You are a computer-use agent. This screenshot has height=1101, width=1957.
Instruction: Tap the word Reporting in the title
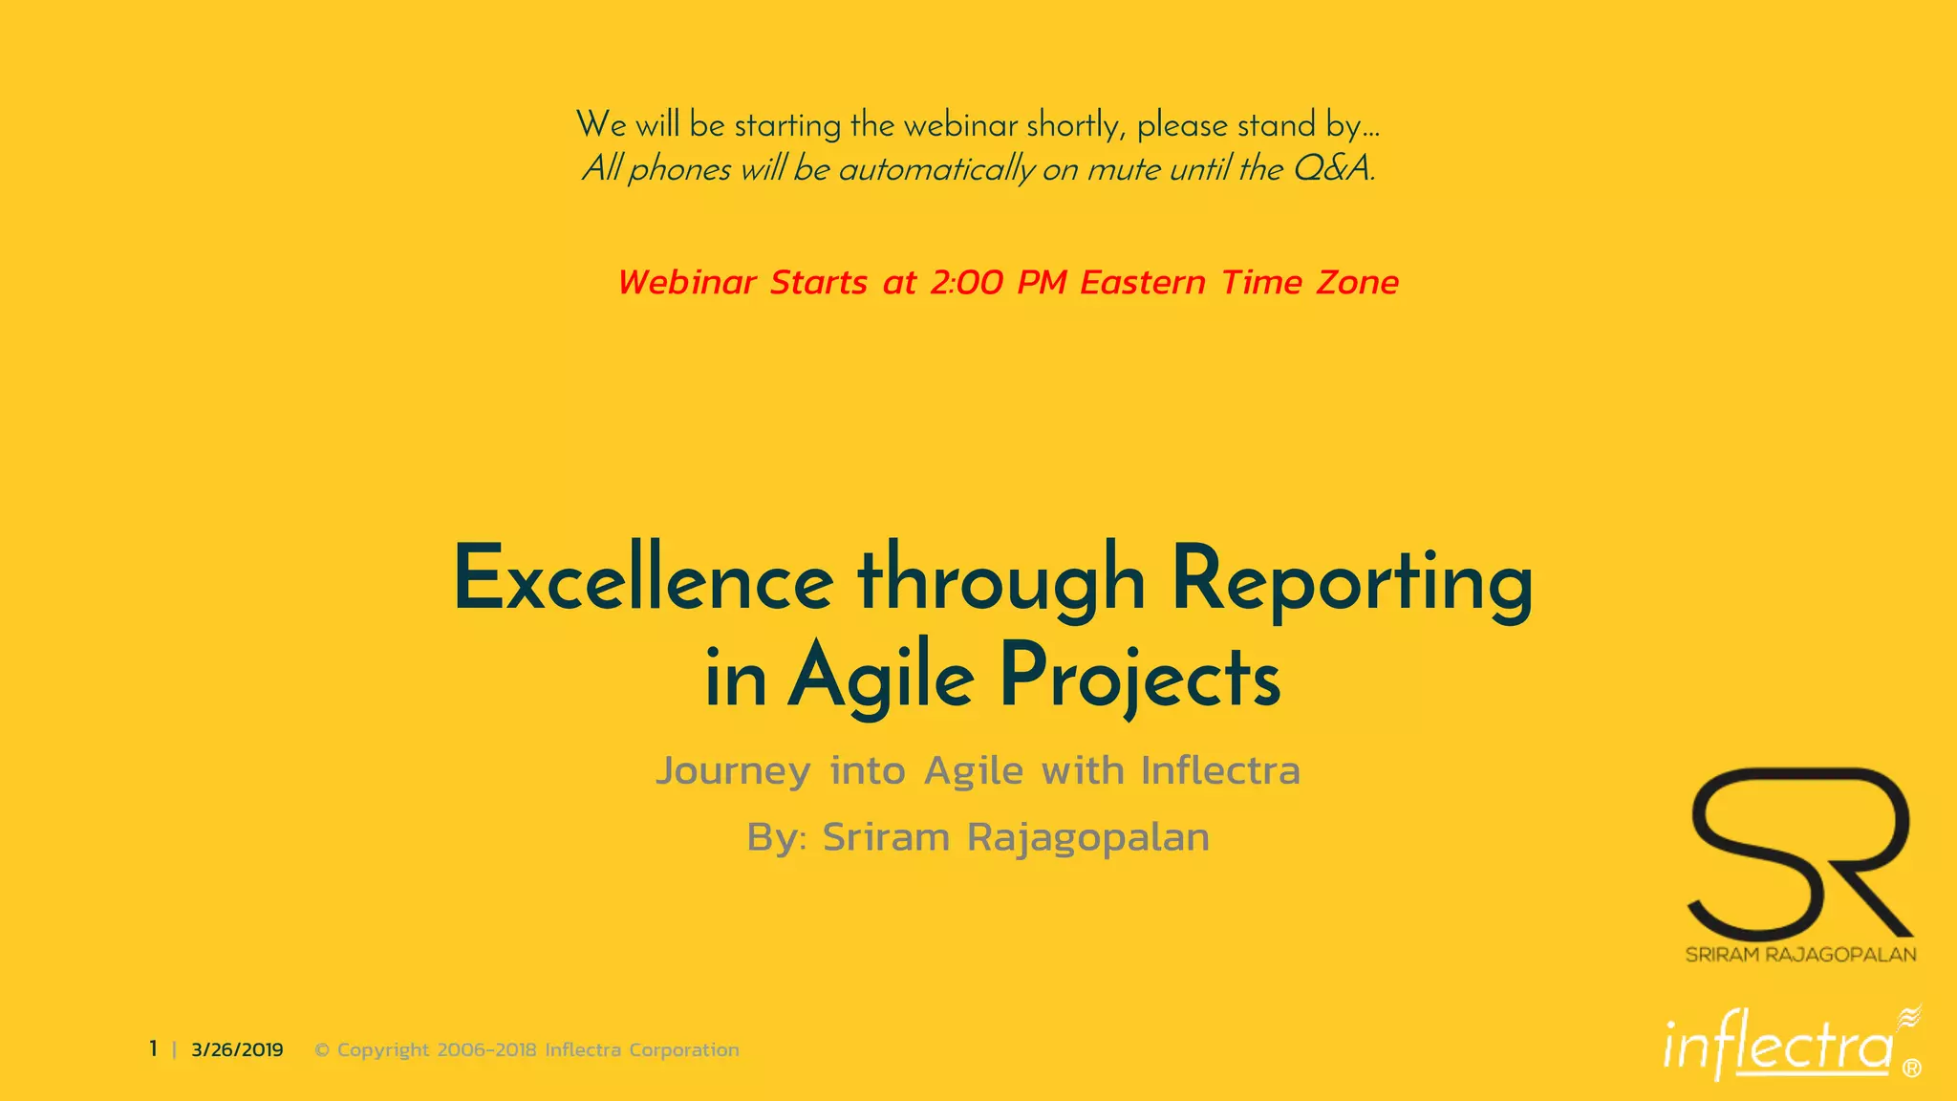pos(1352,580)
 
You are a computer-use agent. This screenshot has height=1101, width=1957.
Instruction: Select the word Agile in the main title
pos(880,677)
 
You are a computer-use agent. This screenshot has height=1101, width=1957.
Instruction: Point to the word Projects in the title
pos(1140,677)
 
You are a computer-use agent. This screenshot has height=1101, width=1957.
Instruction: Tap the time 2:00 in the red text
pos(966,283)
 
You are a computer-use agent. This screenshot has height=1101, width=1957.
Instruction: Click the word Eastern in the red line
pos(1143,283)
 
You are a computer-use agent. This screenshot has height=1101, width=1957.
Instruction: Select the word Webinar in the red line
pos(687,283)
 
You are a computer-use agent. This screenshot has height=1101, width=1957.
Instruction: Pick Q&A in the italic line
pos(1333,169)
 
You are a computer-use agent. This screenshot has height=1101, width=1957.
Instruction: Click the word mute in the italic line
pos(1124,169)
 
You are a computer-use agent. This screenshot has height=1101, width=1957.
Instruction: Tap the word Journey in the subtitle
pos(733,771)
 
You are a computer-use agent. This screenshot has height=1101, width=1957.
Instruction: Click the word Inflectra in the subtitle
pos(1220,771)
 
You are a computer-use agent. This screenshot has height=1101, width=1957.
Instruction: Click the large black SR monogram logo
pos(1800,851)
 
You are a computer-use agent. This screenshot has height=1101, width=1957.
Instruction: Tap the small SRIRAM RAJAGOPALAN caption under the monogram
pos(1800,955)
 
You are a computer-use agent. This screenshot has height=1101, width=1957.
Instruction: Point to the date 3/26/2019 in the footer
pos(237,1050)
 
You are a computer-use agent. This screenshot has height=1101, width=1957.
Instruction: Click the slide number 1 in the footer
pos(153,1049)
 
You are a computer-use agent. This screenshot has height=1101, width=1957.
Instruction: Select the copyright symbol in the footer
pos(322,1050)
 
